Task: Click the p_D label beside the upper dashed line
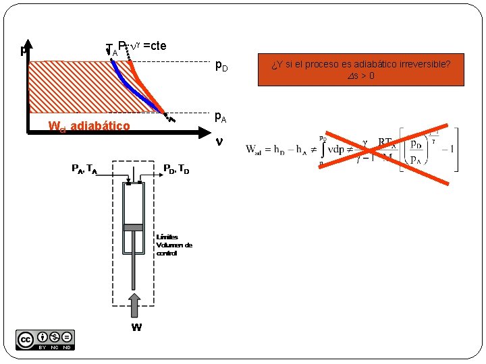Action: coord(221,66)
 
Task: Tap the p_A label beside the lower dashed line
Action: coord(221,117)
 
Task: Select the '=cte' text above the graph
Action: coord(155,46)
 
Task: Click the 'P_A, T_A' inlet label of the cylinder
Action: coord(84,169)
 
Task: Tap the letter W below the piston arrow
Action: coord(136,328)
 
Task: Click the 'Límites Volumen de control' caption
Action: coord(173,245)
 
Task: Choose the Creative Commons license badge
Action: coord(45,340)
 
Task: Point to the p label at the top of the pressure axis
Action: coord(24,50)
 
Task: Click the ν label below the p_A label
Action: coord(218,143)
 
